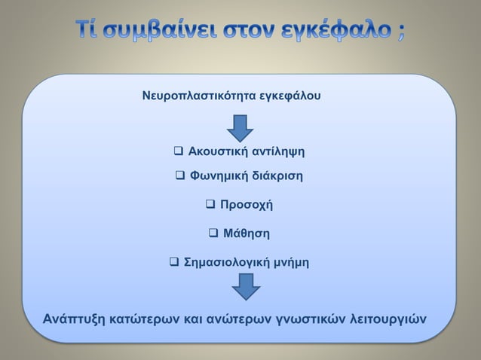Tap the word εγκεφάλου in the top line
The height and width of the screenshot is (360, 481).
[x=283, y=97]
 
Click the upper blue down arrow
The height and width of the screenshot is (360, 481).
[x=240, y=127]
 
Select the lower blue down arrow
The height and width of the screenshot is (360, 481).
[x=240, y=286]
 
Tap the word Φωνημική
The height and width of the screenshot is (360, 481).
[x=219, y=176]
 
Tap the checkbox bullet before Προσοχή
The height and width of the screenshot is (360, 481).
[x=211, y=204]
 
